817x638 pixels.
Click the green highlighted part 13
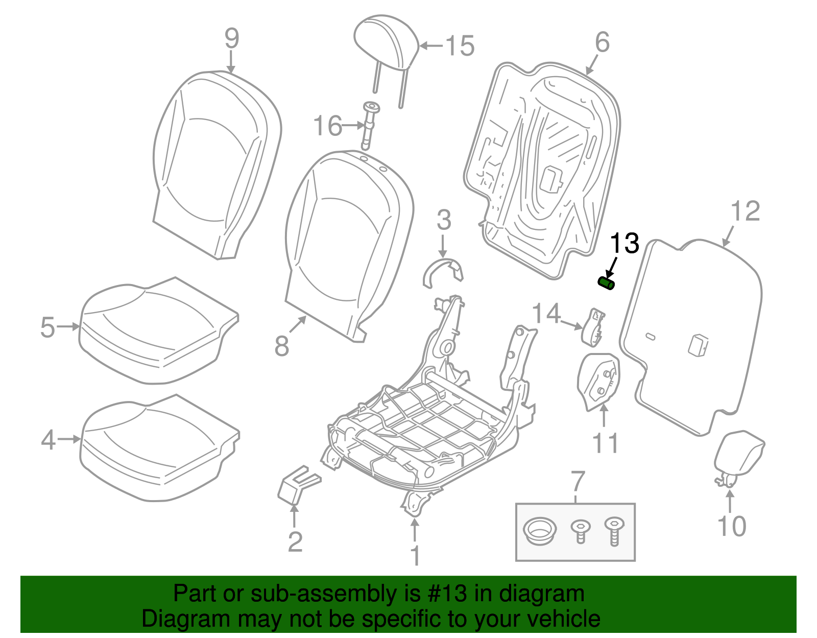606,283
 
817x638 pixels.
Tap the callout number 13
624,243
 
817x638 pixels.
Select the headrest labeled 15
387,42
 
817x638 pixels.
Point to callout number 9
232,38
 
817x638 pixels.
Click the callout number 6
602,42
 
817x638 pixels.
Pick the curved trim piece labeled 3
444,272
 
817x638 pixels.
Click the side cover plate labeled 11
599,380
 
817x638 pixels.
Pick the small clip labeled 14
593,327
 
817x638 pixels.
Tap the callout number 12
746,211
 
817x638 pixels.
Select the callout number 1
416,555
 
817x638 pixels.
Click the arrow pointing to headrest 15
430,45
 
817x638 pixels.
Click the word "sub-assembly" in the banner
324,594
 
